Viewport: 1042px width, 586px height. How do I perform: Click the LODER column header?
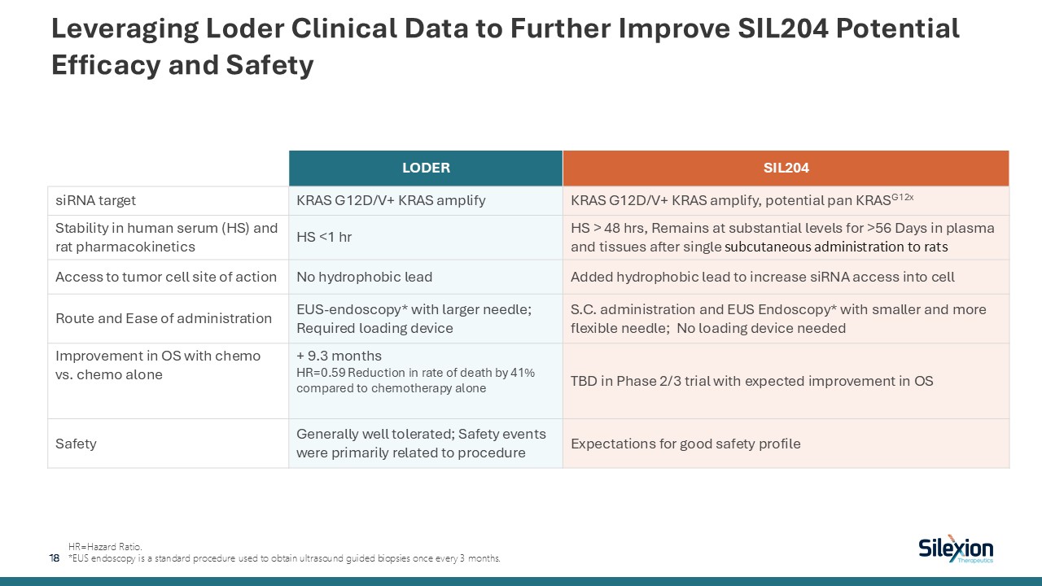[x=426, y=168]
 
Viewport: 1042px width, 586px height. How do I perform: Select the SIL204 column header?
[x=786, y=168]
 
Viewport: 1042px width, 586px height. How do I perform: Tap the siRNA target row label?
[x=96, y=200]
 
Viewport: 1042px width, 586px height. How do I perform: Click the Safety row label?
[x=76, y=444]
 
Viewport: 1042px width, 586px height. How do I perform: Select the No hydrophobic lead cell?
[x=364, y=277]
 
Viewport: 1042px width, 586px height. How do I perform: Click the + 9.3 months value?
[x=339, y=356]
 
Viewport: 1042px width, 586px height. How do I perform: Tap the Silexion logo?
[x=956, y=549]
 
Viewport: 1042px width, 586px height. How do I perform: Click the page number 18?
[x=55, y=558]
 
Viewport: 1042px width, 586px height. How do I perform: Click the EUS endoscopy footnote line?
[x=285, y=558]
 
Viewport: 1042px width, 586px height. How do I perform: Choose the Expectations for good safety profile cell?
[x=685, y=444]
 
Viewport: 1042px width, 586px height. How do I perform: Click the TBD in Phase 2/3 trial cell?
[x=751, y=381]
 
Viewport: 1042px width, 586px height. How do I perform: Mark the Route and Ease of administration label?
[x=163, y=318]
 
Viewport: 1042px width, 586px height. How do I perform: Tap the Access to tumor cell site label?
[x=166, y=277]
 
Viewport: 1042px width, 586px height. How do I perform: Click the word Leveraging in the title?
[x=121, y=29]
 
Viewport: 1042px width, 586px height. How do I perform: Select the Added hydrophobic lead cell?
[x=763, y=277]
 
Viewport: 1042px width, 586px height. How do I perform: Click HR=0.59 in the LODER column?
[x=322, y=373]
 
